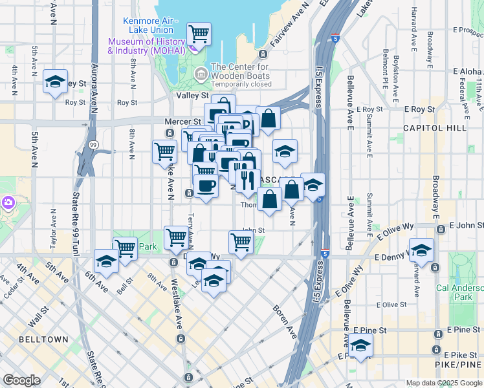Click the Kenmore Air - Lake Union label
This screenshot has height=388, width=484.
(148, 25)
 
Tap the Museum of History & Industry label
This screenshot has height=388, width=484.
(148, 46)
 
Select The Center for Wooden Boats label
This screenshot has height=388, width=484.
(241, 70)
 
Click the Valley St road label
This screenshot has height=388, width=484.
(191, 94)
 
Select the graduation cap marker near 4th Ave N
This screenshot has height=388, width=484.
(56, 81)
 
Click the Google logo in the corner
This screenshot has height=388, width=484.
(22, 380)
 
